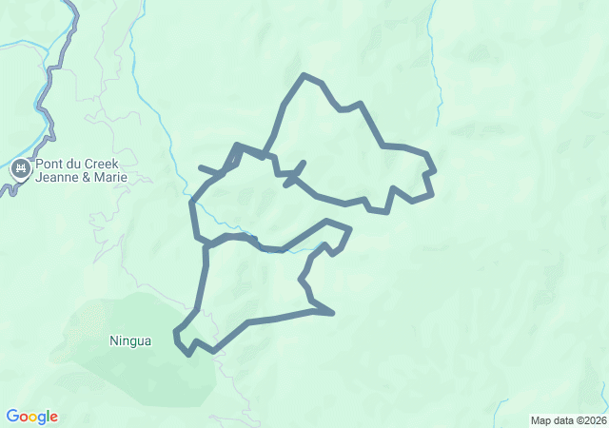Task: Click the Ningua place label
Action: [130, 340]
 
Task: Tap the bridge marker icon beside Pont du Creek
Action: [20, 170]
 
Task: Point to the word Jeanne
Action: [56, 178]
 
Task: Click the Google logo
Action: [31, 417]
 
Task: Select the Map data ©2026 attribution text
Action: [567, 420]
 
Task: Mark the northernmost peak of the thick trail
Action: [304, 75]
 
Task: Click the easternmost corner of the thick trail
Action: [434, 172]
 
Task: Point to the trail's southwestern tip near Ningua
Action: [177, 333]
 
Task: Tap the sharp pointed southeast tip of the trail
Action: [332, 312]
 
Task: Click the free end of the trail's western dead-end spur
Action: [200, 168]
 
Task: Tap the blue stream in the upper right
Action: [437, 76]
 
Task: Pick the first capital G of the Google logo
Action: [12, 417]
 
